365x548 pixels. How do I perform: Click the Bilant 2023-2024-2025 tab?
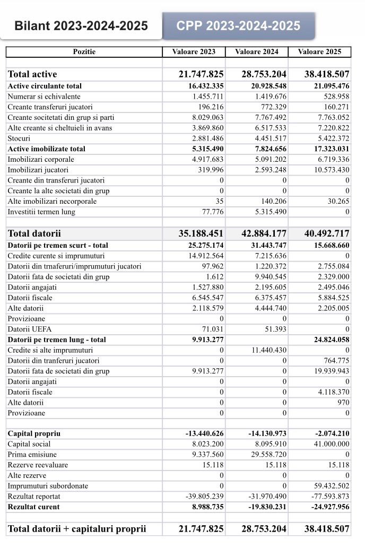tap(81, 25)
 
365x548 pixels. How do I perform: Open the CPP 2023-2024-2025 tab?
tap(238, 25)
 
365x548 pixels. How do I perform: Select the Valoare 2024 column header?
tap(256, 51)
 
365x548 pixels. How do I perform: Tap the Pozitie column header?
tap(84, 51)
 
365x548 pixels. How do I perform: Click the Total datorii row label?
tap(34, 233)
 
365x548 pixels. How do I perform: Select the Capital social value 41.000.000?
tap(328, 444)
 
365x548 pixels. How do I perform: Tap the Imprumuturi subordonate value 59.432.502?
tap(328, 486)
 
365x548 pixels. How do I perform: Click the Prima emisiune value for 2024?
tap(267, 455)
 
